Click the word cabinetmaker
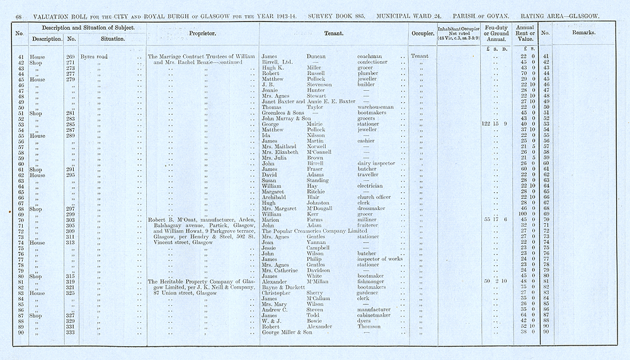tap(375, 315)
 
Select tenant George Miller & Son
tap(287, 332)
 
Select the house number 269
tap(71, 56)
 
